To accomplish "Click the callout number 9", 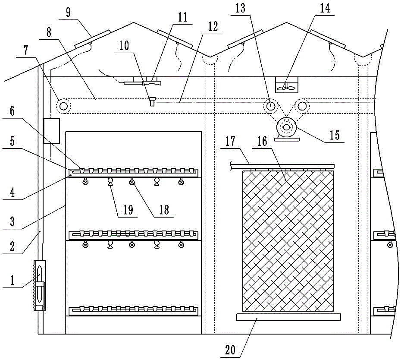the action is tap(68, 12).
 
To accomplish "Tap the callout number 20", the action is tap(230, 350).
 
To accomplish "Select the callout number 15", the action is tap(335, 135).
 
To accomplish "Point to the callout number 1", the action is tap(12, 281).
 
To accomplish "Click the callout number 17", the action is tap(230, 141).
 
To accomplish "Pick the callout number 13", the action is tap(241, 8).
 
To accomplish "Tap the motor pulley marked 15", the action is tap(286, 127).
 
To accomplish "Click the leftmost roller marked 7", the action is tap(63, 106).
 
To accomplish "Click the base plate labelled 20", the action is tap(288, 317).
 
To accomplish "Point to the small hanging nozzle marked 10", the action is tap(152, 101).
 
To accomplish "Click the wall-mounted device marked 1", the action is tap(40, 285).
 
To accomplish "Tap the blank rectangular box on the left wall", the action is tap(52, 131).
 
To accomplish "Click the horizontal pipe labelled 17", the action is tap(282, 166).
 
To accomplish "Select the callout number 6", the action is tap(12, 111).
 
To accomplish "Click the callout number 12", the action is tap(213, 27).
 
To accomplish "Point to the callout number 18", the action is tap(164, 210).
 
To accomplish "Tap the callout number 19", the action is tap(128, 210).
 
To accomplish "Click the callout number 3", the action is tap(12, 221).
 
